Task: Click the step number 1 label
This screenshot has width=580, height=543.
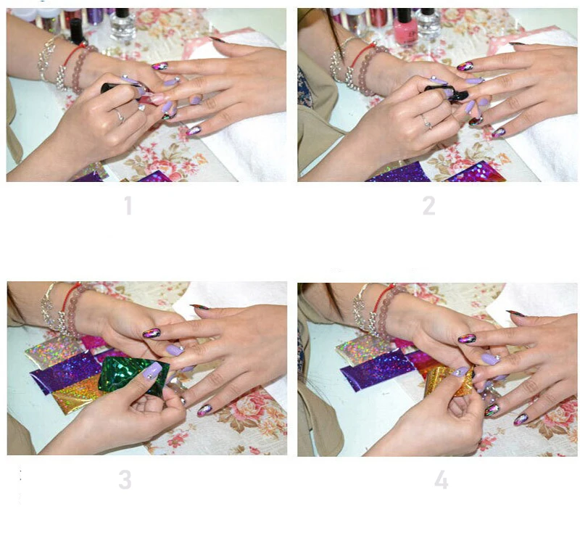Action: pos(128,205)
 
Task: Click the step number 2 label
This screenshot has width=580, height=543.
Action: pos(428,206)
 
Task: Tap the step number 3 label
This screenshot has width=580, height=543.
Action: pos(125,480)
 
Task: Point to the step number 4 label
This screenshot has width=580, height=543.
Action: pos(441,480)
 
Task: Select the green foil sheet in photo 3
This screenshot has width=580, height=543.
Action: pos(134,374)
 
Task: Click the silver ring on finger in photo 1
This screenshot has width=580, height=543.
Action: pos(120,116)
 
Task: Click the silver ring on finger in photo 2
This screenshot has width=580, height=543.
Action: pos(427,121)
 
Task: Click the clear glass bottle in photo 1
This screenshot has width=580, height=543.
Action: pos(123,23)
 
